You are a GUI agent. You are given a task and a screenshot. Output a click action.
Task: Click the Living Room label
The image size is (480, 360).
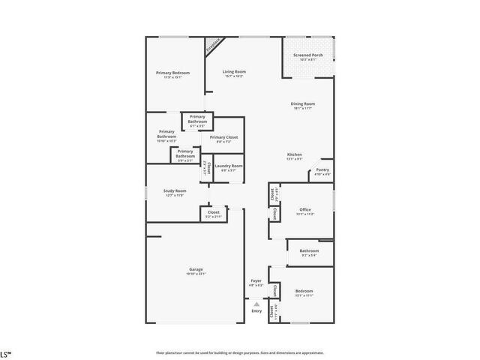(x=234, y=72)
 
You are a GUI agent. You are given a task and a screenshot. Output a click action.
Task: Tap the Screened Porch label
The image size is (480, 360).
(x=308, y=55)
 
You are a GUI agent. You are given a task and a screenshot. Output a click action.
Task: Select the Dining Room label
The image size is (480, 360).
(x=303, y=103)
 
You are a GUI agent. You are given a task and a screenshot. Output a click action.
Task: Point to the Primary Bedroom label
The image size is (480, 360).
(x=172, y=73)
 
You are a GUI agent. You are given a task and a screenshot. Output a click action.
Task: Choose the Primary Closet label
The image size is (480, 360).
(x=223, y=137)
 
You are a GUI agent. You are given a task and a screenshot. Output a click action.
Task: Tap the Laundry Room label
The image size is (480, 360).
(x=229, y=166)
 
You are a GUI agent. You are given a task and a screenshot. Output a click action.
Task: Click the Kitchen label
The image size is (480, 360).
(x=294, y=155)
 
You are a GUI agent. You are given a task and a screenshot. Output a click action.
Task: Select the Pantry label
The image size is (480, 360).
(x=322, y=170)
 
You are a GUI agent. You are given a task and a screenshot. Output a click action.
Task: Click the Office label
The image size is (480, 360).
(x=304, y=209)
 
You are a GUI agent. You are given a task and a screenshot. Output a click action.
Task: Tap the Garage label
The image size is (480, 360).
(x=196, y=269)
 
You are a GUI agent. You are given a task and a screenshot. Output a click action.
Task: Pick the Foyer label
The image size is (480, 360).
(x=256, y=280)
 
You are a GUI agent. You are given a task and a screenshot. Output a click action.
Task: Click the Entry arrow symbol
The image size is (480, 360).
(x=256, y=304)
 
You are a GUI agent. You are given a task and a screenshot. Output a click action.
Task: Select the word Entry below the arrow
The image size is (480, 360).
(x=256, y=310)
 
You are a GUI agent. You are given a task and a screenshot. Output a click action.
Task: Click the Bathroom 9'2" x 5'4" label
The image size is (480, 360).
(x=309, y=250)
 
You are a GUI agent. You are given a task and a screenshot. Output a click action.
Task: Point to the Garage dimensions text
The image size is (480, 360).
(x=196, y=274)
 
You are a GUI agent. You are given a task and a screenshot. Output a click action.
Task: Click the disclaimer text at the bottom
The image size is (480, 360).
(x=239, y=352)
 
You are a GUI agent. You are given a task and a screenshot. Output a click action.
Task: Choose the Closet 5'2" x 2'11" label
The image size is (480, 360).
(x=213, y=212)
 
